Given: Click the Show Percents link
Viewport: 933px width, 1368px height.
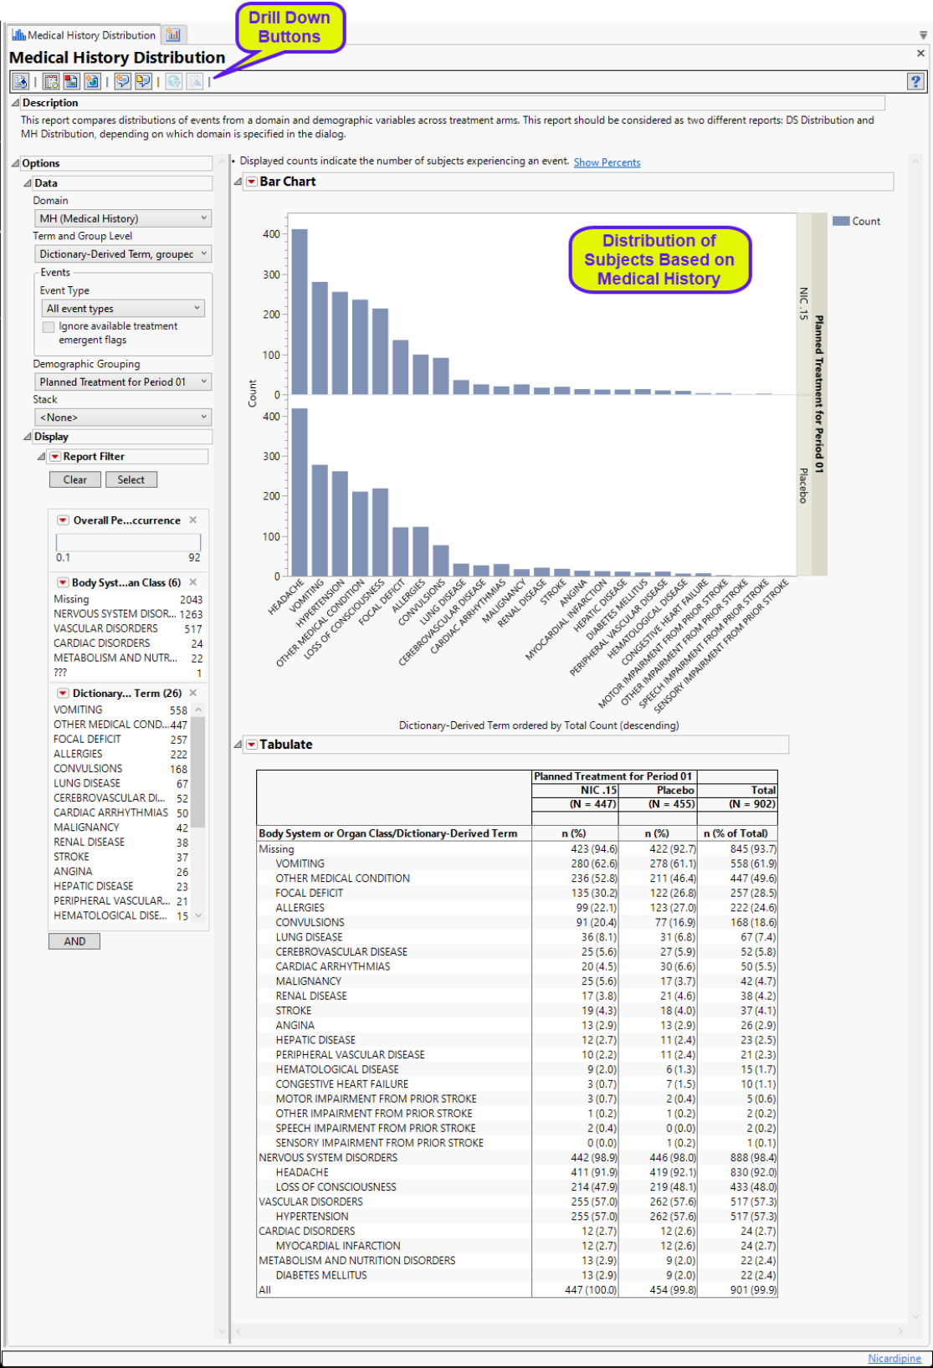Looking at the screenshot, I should pyautogui.click(x=607, y=162).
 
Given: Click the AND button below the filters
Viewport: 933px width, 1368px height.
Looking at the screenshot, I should pyautogui.click(x=74, y=941).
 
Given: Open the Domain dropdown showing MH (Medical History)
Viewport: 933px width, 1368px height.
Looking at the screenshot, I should pyautogui.click(x=122, y=218).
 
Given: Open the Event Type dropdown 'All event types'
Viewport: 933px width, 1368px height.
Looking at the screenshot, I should pyautogui.click(x=122, y=309).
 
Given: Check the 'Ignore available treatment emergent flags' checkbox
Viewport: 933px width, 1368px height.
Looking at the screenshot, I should pyautogui.click(x=49, y=327).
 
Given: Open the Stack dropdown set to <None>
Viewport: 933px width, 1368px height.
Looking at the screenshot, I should pyautogui.click(x=122, y=418).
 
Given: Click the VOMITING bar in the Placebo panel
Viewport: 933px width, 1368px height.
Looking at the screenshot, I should pyautogui.click(x=320, y=520).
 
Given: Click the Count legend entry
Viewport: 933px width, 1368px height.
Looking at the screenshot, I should pyautogui.click(x=857, y=222).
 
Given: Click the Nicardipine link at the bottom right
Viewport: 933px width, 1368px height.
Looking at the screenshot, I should pyautogui.click(x=894, y=1358).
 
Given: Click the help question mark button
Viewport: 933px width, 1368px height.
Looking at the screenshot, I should pyautogui.click(x=915, y=81).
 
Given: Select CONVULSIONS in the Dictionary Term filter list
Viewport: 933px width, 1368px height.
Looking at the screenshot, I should pyautogui.click(x=88, y=769).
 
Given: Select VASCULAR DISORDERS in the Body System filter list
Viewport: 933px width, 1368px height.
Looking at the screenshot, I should pyautogui.click(x=105, y=628).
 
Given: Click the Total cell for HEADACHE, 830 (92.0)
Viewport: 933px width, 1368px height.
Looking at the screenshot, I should pyautogui.click(x=752, y=1172).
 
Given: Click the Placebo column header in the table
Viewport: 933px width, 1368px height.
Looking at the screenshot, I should pyautogui.click(x=674, y=790).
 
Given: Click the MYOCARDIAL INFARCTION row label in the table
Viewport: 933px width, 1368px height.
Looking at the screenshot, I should pyautogui.click(x=338, y=1246).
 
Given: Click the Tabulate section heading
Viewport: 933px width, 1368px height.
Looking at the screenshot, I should pyautogui.click(x=286, y=745).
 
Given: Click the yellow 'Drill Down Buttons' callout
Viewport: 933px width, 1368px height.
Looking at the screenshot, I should pyautogui.click(x=290, y=28).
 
